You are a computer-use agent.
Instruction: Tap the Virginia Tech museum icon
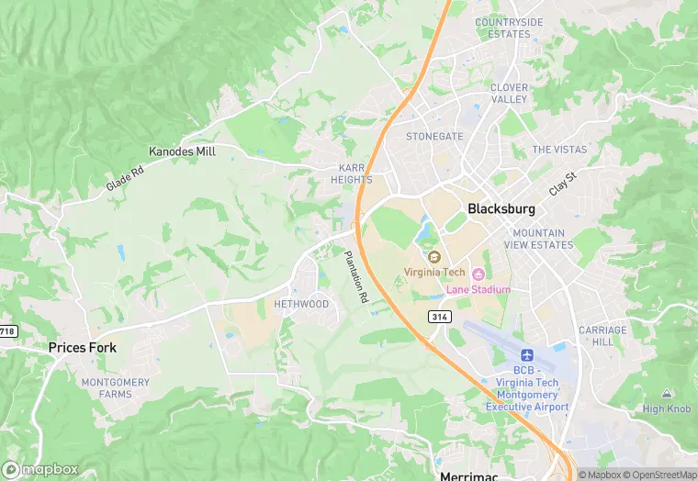(x=434, y=256)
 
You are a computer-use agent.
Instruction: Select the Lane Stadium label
(x=478, y=290)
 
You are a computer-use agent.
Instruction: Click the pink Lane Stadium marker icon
(x=478, y=274)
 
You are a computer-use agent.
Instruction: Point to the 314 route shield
(x=439, y=316)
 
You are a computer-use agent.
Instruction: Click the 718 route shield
(x=7, y=331)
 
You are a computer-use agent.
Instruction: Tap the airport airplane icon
(x=527, y=355)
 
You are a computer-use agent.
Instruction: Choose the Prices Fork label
(x=82, y=348)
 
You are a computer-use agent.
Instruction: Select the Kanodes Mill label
(x=182, y=151)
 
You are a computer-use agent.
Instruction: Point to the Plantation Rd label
(x=356, y=277)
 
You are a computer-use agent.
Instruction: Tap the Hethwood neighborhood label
(x=301, y=304)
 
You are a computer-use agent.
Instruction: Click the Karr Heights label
(x=352, y=173)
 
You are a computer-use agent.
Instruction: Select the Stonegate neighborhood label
(x=434, y=136)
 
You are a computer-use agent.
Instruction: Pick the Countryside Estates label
(x=509, y=28)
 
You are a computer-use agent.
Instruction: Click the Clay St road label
(x=561, y=182)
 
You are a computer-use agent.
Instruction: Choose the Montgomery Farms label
(x=115, y=388)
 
